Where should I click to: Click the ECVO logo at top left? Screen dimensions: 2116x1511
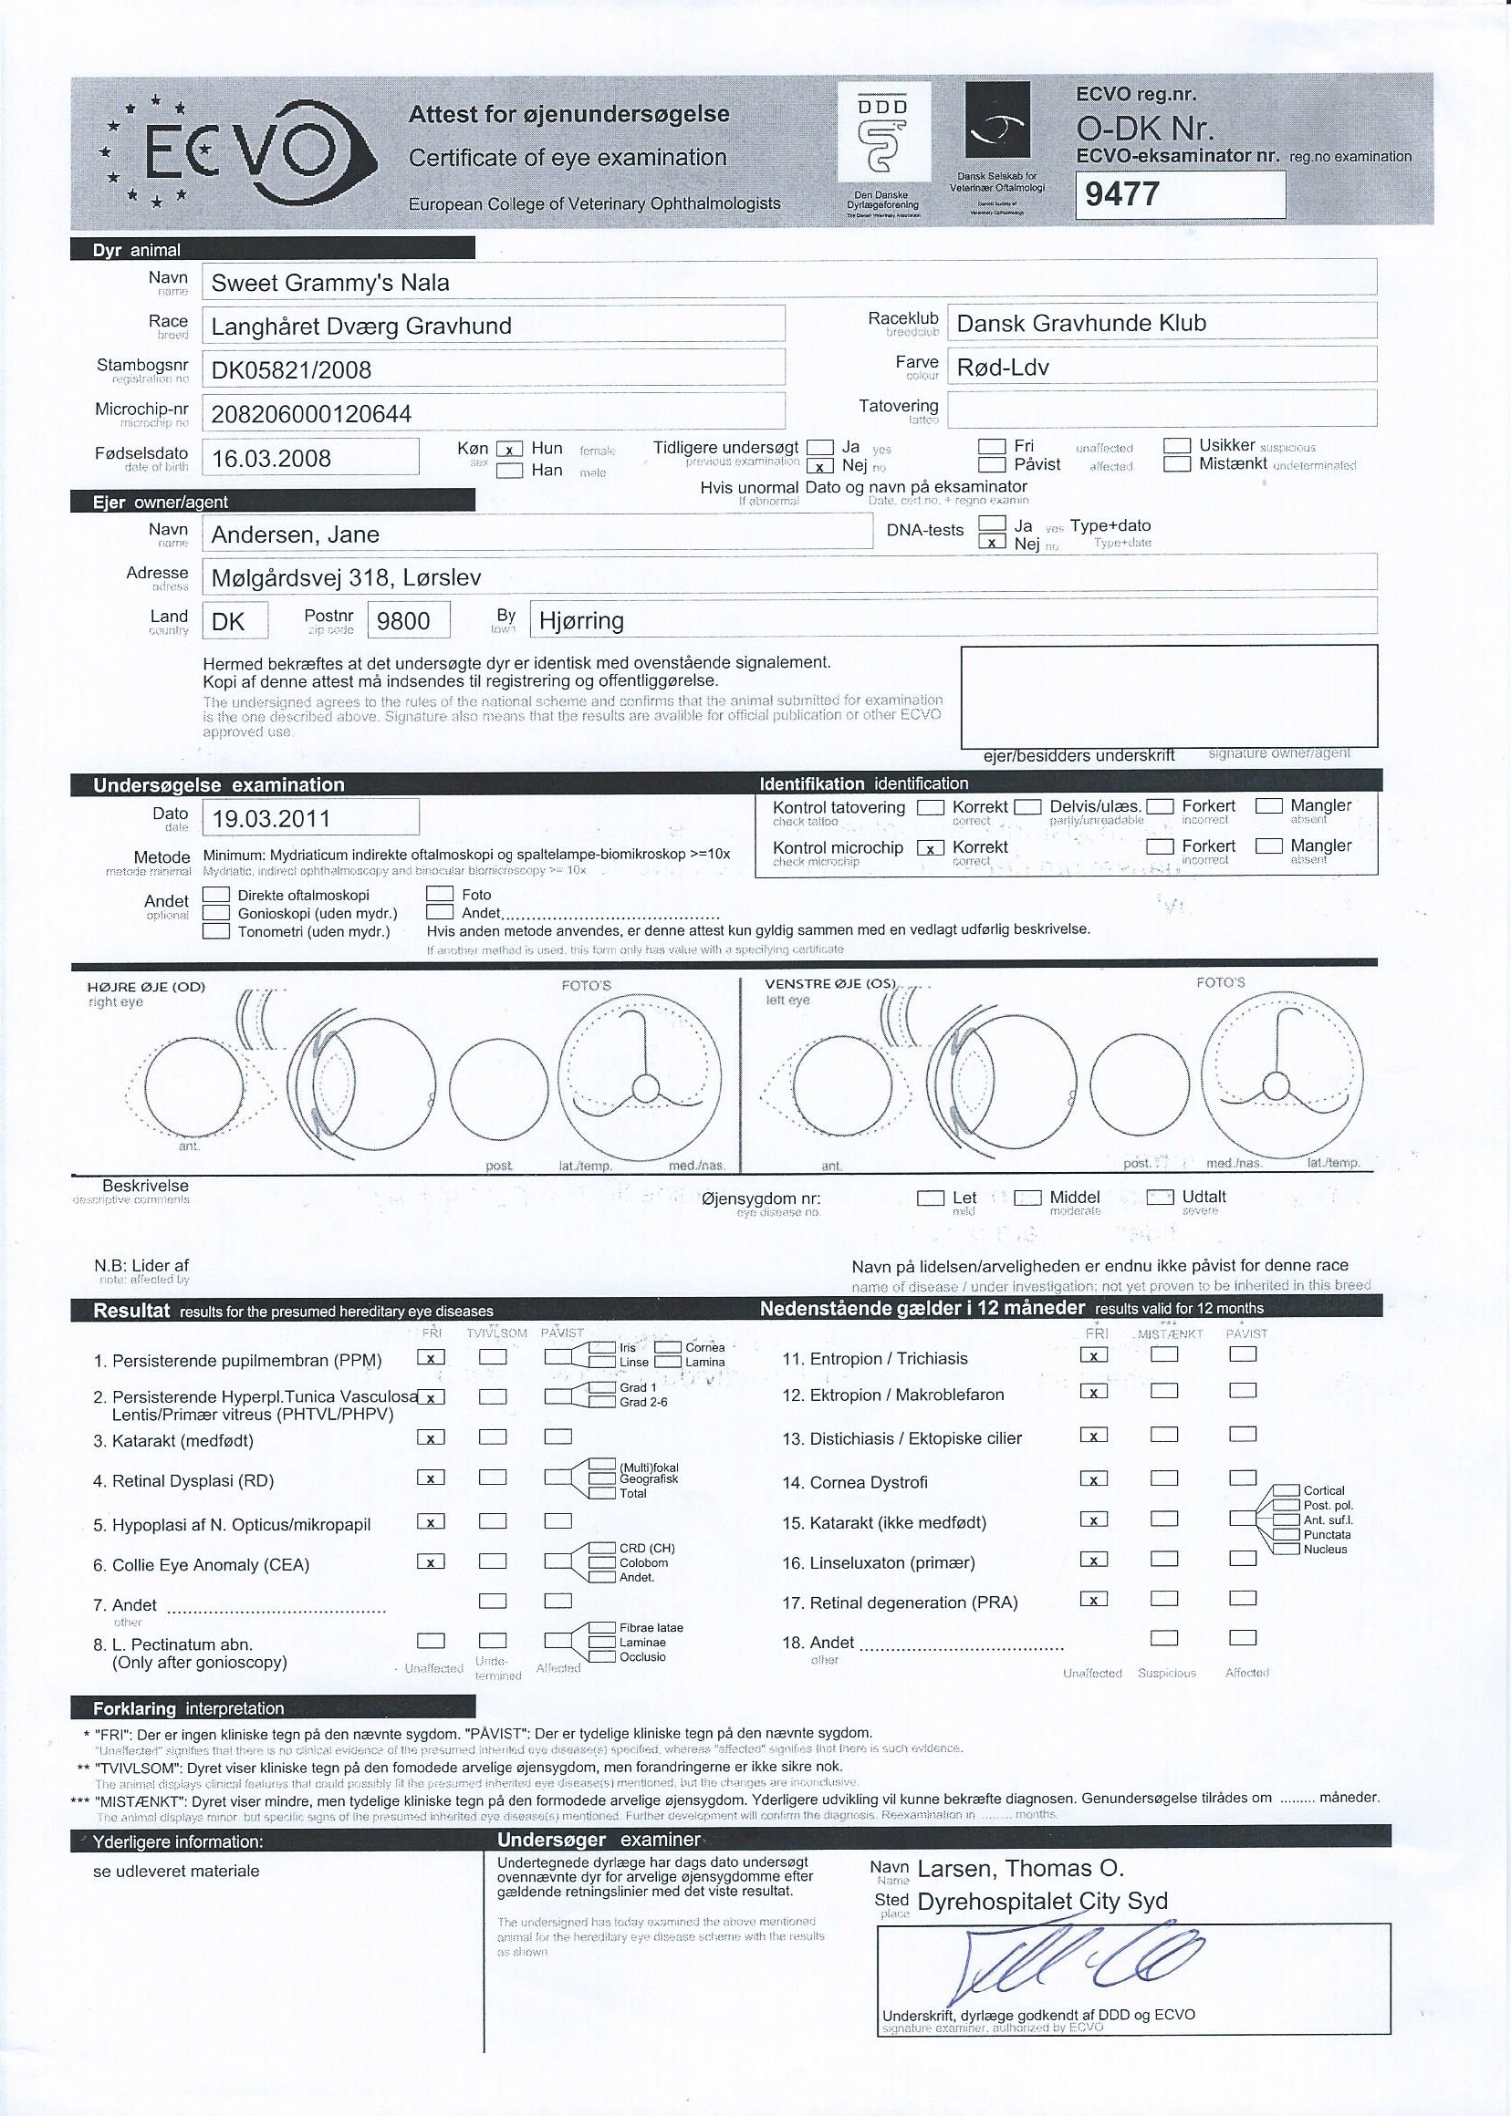[237, 151]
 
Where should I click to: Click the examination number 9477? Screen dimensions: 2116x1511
[1123, 194]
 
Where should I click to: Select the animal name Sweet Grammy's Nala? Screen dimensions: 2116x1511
[330, 283]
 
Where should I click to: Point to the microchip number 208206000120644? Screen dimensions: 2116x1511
[312, 414]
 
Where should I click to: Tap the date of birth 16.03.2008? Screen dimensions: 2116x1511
[272, 459]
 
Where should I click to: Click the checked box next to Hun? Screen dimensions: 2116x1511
[509, 450]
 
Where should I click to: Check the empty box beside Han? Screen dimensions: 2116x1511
[509, 471]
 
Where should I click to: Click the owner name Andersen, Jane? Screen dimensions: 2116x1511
[295, 534]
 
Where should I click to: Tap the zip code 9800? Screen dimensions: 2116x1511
[403, 621]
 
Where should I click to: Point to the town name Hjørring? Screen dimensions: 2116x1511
[581, 621]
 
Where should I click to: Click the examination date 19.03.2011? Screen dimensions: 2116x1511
[271, 819]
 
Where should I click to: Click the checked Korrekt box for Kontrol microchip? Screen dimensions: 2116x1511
[931, 847]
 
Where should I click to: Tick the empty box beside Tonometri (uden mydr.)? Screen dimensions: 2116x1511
[216, 931]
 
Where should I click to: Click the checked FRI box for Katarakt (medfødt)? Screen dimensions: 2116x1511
[430, 1437]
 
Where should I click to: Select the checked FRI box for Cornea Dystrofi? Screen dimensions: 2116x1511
[1094, 1478]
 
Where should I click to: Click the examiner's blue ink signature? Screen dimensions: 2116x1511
[1070, 1956]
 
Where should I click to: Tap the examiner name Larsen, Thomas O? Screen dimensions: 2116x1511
[1021, 1868]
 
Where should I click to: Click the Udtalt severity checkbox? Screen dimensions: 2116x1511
[1160, 1198]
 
